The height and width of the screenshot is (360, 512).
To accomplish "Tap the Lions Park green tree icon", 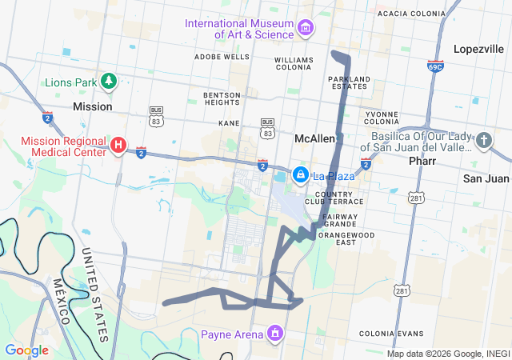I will [110, 81].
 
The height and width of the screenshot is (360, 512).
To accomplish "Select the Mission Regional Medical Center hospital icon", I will [118, 145].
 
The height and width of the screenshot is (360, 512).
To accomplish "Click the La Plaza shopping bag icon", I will [300, 174].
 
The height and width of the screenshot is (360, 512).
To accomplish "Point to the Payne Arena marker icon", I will [275, 333].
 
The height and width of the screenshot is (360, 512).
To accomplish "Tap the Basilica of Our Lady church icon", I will [483, 142].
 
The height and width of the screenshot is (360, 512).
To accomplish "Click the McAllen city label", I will [314, 138].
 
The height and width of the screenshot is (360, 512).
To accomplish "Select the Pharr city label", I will [422, 160].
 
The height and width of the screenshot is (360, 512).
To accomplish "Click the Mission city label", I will [92, 106].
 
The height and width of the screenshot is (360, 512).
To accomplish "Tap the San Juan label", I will [486, 178].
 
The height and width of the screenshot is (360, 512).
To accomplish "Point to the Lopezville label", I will [478, 49].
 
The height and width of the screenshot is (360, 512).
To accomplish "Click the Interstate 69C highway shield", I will [435, 66].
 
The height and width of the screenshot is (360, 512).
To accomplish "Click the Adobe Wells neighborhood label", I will [222, 57].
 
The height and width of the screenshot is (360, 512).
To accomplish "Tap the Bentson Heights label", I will [222, 98].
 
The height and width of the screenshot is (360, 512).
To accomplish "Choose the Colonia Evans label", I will [391, 333].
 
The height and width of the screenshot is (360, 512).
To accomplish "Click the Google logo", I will [26, 350].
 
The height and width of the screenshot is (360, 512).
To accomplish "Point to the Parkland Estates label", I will [347, 82].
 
